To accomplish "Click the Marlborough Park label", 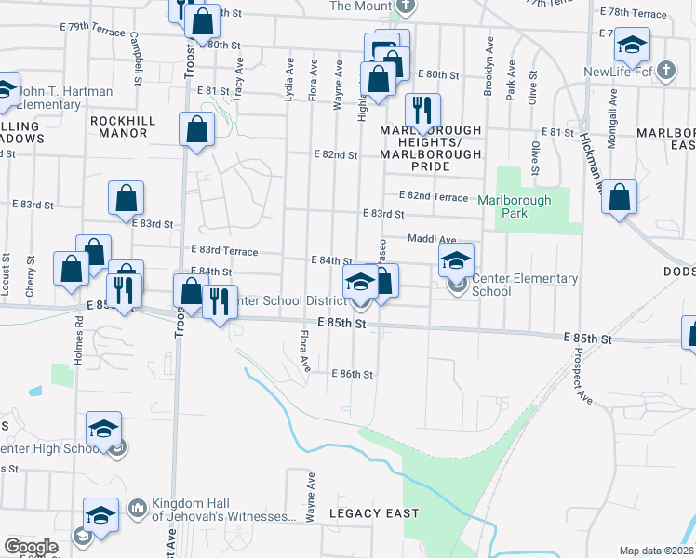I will tap(515, 206).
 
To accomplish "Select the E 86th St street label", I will tap(353, 374).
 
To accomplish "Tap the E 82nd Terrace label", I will tap(433, 196).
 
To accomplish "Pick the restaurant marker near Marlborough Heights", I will tap(422, 110).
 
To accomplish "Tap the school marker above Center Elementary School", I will tap(456, 259).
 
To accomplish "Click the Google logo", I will tap(31, 547).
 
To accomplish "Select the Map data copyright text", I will tap(657, 551).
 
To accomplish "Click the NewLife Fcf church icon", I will tap(665, 71).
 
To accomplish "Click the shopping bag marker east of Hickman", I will tap(619, 197).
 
